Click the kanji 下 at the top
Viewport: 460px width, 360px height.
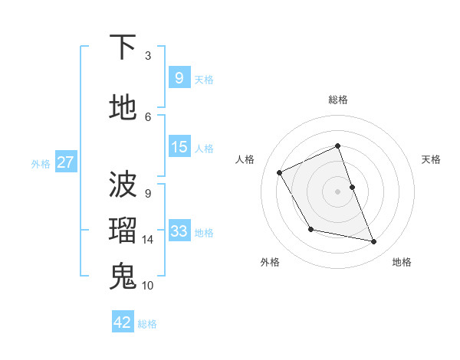pos(123,48)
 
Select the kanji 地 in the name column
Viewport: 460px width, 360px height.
pos(123,107)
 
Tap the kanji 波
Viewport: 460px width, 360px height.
pos(123,185)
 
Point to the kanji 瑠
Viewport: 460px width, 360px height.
pos(123,231)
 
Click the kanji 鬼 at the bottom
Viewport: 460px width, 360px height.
pos(123,276)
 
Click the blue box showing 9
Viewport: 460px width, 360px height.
pos(179,77)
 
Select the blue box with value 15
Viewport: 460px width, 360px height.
pos(179,147)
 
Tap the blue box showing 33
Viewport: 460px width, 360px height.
pos(179,231)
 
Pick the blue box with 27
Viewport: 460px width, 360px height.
pos(65,162)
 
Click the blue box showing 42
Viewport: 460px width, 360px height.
pos(123,322)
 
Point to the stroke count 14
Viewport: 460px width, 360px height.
pos(148,240)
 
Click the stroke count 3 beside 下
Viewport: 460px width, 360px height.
pos(148,56)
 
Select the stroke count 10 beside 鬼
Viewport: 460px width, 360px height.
pos(148,285)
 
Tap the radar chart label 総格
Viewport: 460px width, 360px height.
pos(338,100)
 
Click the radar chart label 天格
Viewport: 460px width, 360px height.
pos(432,159)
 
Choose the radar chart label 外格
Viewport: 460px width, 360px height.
pos(270,262)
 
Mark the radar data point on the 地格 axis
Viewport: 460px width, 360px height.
pos(374,242)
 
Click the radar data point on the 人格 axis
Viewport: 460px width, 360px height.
pos(280,172)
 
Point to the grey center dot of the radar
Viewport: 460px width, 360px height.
pos(338,191)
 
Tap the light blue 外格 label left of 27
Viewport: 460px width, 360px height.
pos(41,163)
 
